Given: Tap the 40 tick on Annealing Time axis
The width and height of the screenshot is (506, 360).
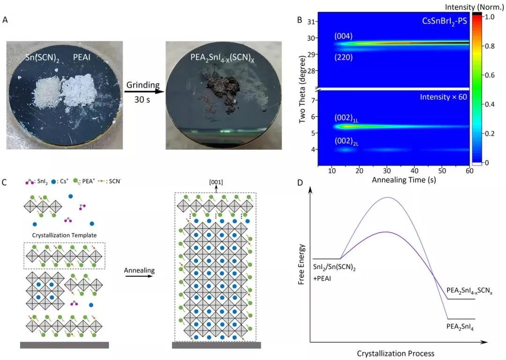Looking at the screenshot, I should pos(414,171).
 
